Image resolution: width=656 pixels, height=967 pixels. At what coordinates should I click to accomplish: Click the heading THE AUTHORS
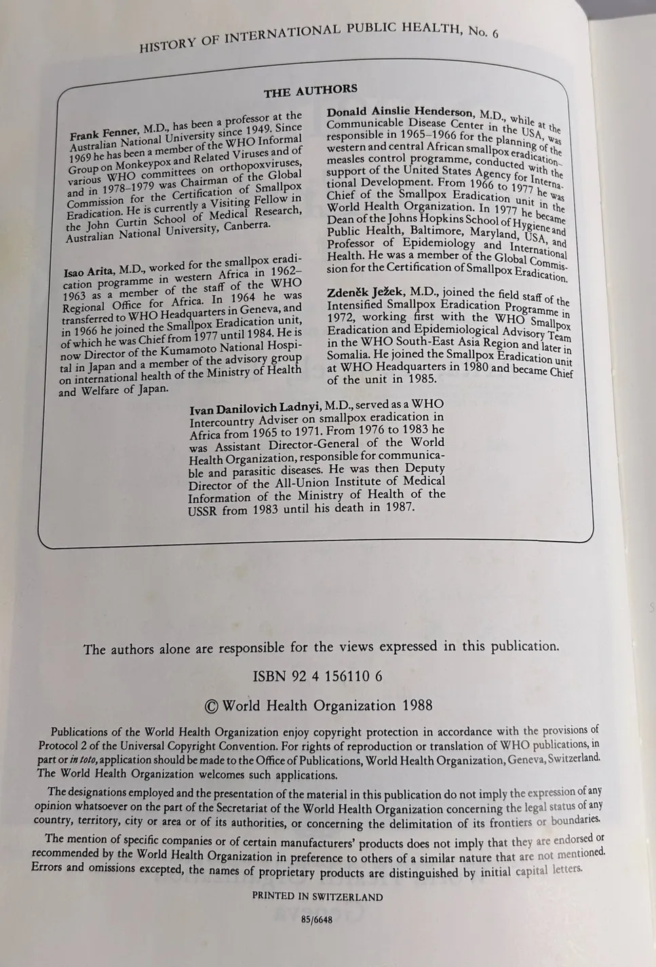point(310,90)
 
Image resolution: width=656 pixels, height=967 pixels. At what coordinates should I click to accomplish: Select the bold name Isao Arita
point(88,271)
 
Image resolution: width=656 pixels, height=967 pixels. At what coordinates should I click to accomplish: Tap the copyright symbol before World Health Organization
point(212,706)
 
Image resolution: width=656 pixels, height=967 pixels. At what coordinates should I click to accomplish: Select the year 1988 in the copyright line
point(417,705)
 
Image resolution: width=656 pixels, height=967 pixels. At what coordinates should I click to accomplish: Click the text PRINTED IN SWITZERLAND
point(317,896)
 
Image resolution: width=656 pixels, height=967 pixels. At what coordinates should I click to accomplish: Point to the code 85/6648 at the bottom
point(318,921)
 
